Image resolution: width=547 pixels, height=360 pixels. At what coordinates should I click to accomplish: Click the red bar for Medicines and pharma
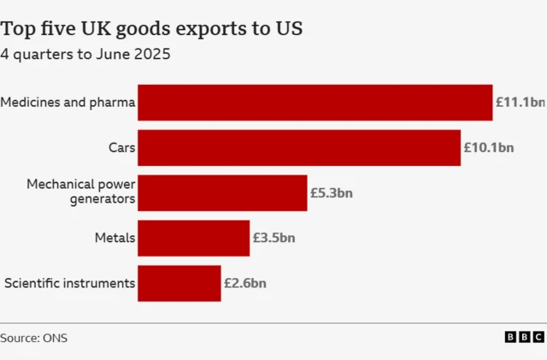[315, 103]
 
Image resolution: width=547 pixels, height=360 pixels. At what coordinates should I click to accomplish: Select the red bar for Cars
[299, 148]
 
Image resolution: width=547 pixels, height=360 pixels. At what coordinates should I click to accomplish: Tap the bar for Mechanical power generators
[222, 192]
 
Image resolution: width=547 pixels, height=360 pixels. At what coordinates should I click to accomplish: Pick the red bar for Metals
[193, 238]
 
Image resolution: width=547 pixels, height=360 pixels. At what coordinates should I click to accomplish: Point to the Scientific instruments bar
[179, 283]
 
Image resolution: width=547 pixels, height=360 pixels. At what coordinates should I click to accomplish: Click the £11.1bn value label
[520, 103]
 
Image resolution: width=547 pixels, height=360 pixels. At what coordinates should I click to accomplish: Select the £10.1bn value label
[488, 148]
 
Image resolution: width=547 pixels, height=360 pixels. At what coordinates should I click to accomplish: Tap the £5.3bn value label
[331, 192]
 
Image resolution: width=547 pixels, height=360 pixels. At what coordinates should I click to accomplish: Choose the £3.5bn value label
[273, 238]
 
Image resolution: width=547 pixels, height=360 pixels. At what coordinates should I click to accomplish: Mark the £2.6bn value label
[245, 283]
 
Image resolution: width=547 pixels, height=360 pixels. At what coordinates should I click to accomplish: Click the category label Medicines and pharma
[68, 103]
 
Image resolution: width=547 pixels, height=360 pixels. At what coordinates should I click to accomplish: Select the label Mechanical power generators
[80, 192]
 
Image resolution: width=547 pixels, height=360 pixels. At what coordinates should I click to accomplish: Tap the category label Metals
[115, 238]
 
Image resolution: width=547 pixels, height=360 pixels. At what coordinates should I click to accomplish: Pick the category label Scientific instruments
[69, 283]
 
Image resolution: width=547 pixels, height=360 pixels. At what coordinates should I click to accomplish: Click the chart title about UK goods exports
[151, 29]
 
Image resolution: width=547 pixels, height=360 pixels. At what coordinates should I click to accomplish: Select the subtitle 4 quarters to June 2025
[85, 56]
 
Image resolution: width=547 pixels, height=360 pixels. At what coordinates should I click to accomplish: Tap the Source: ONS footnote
[34, 338]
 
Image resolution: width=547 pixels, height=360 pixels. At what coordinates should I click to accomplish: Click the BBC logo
[524, 338]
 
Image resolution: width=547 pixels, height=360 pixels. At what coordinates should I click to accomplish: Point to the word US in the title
[288, 29]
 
